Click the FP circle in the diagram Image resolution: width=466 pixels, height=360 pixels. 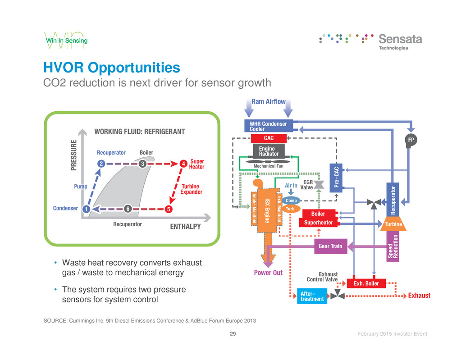click(x=411, y=140)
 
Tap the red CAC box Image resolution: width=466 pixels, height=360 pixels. click(x=269, y=137)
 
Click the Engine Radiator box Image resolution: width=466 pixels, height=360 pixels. click(x=269, y=150)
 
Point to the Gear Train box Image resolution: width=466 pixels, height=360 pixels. click(x=330, y=246)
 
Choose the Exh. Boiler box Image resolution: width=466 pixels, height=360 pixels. click(x=366, y=283)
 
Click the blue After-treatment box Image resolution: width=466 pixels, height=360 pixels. click(x=312, y=296)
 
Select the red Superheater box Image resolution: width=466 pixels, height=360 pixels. click(x=319, y=223)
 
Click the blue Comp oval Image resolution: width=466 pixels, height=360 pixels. click(x=292, y=201)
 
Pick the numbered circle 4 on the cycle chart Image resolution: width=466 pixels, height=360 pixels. click(x=183, y=164)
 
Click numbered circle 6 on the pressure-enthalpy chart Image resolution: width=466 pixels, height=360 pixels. click(x=128, y=209)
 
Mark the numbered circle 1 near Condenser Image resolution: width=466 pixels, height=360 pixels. click(x=85, y=209)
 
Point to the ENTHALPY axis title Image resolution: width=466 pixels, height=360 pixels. click(x=185, y=227)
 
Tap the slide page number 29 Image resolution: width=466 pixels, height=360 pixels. click(x=233, y=334)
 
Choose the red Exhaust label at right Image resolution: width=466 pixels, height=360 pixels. click(x=419, y=296)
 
